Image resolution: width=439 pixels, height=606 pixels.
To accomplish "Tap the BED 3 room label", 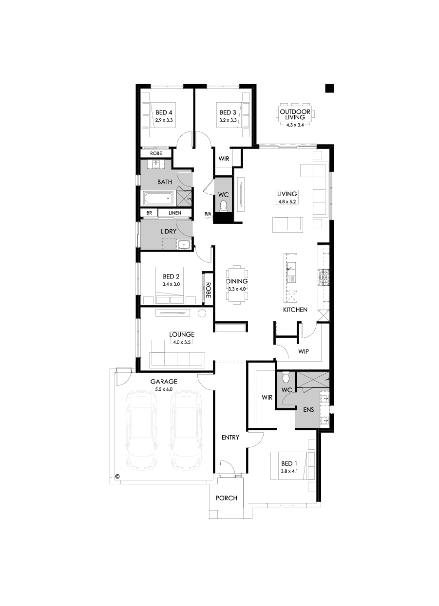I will tap(228, 112).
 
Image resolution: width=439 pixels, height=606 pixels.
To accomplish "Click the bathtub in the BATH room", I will tap(157, 198).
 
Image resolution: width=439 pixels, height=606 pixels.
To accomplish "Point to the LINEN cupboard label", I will tap(174, 213).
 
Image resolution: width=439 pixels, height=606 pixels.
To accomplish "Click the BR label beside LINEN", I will tap(149, 213).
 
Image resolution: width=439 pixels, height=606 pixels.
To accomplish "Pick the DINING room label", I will tap(237, 281).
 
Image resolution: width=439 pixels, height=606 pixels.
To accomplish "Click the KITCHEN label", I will tap(295, 310).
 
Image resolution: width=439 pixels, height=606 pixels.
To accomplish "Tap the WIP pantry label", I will tap(303, 351).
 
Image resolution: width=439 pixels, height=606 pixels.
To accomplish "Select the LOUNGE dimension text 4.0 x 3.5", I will tap(182, 342).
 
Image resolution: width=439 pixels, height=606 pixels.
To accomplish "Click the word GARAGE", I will tap(164, 382).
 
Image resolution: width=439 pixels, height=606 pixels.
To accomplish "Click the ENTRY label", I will tap(230, 437).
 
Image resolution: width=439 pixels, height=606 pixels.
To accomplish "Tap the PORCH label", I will tap(226, 498).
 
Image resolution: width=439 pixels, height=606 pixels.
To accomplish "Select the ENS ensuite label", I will tap(308, 410).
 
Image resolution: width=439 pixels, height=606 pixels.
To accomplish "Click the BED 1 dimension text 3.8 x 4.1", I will tap(288, 471).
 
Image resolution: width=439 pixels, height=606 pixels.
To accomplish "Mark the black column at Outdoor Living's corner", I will tap(330, 89).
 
